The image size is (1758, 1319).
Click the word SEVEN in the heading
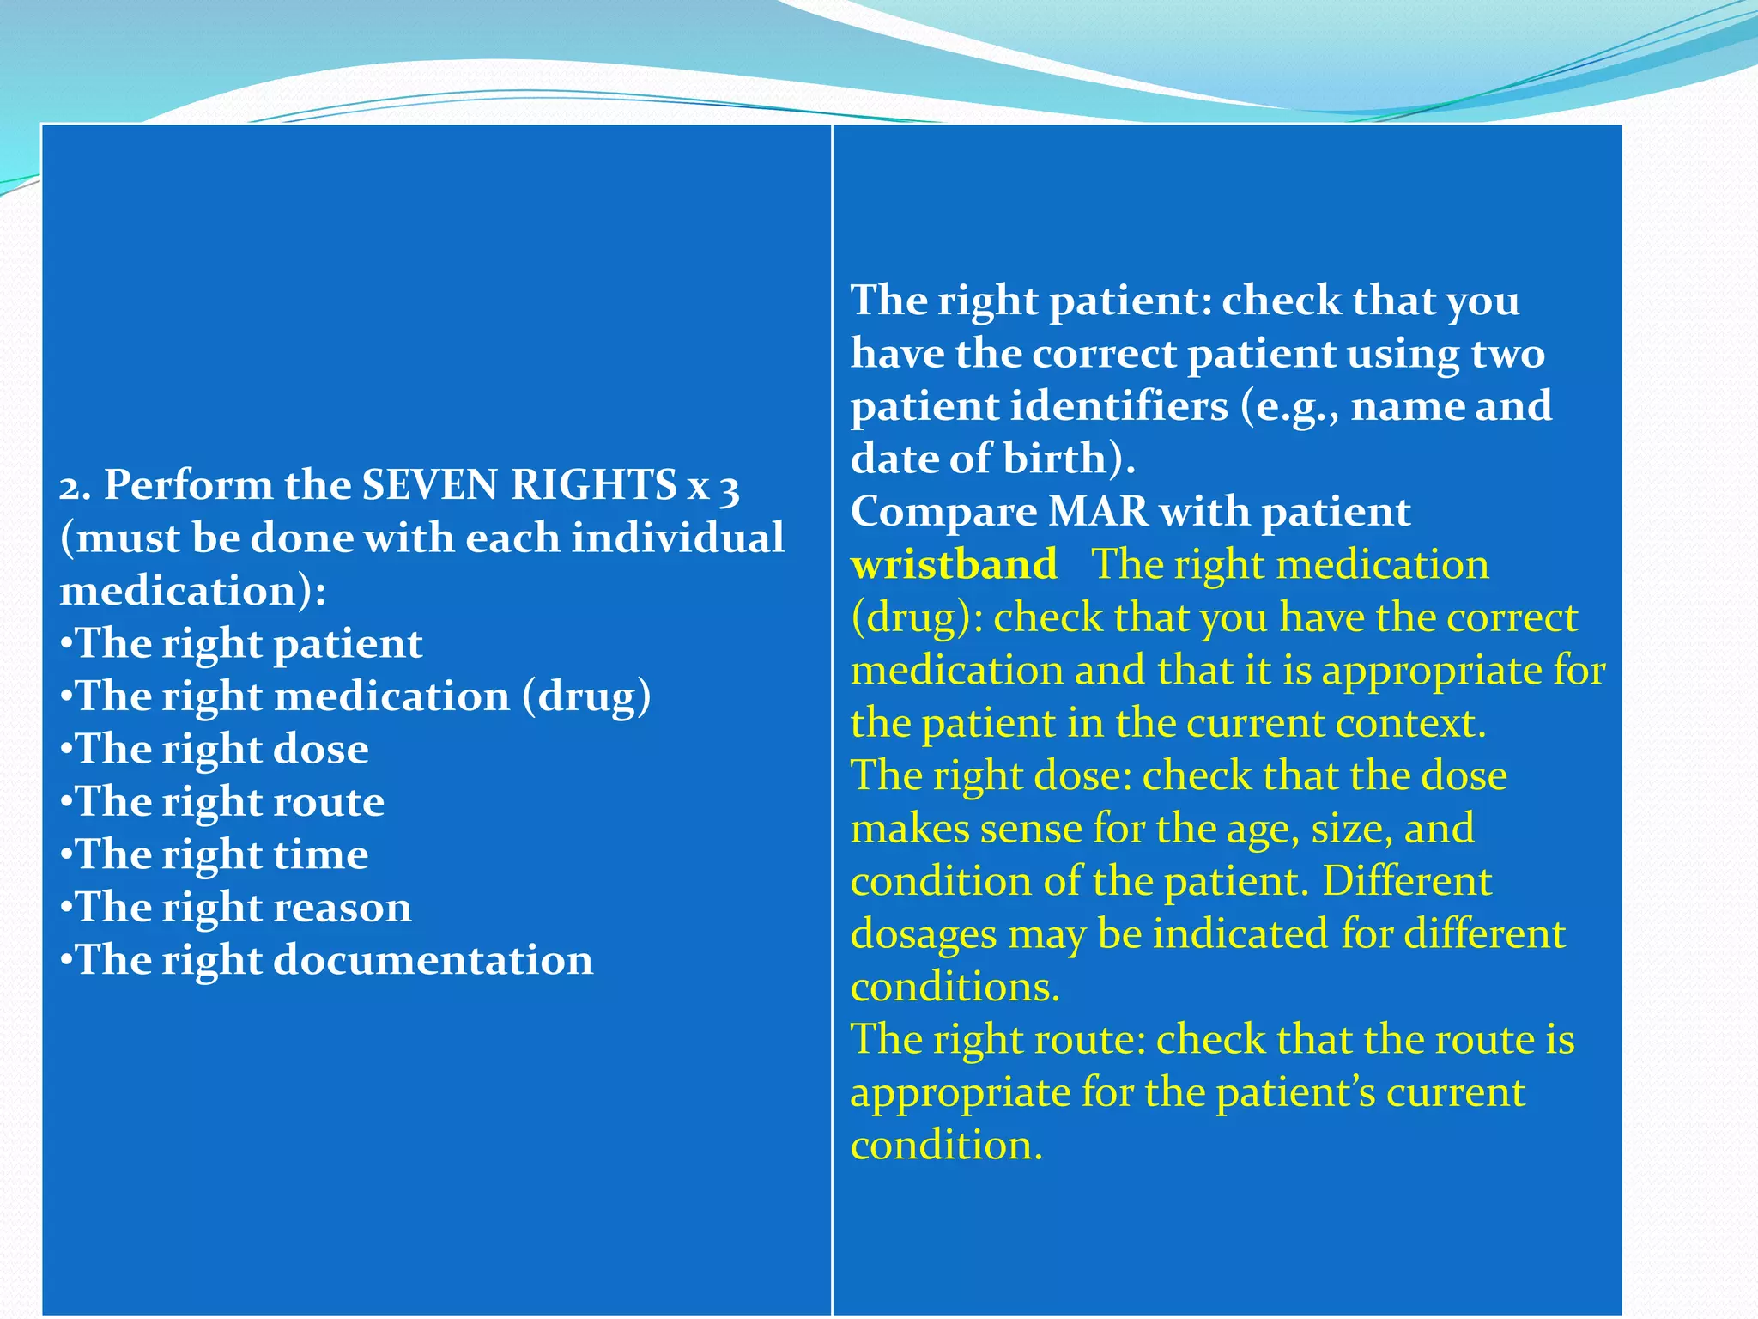pos(430,485)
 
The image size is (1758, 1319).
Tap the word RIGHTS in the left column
pos(592,485)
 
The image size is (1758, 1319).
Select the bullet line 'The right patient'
pos(242,644)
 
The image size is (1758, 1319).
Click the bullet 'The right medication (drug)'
pos(356,696)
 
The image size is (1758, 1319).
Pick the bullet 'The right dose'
pos(215,750)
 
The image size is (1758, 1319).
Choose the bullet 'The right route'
pos(223,802)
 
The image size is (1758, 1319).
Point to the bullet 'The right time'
pos(215,855)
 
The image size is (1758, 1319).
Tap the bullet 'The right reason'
pos(237,908)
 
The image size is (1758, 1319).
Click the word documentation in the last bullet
pos(433,960)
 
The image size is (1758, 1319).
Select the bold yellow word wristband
pos(954,565)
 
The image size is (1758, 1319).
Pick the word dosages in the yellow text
pos(924,934)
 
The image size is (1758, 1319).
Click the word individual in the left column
pos(677,538)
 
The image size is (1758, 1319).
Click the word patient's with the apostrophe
pos(1295,1093)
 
